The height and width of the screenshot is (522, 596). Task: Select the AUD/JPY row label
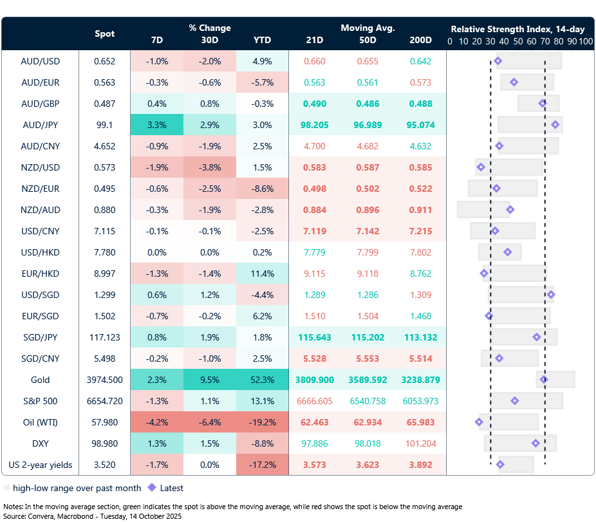tap(41, 125)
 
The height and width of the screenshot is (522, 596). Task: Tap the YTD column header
tap(262, 40)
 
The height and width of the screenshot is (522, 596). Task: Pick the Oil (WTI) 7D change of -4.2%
tap(157, 422)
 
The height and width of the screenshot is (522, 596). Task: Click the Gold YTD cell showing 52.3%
tap(262, 380)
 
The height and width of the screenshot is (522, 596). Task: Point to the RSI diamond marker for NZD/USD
tap(481, 167)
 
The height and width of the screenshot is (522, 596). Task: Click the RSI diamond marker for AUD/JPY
tap(555, 125)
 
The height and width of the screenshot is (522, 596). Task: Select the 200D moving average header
tap(420, 40)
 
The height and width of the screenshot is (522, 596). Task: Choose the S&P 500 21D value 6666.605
tap(315, 401)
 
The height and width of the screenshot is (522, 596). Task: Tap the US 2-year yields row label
tap(41, 465)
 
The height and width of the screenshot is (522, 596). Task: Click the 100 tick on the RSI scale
tap(585, 41)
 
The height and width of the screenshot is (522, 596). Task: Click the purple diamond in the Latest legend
tap(152, 488)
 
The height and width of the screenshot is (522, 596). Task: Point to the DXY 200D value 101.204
tap(420, 443)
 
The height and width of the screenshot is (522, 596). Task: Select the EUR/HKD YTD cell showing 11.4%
tap(262, 274)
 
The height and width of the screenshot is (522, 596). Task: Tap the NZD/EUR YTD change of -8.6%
tap(262, 189)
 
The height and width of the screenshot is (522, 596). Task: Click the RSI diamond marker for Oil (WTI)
tap(479, 422)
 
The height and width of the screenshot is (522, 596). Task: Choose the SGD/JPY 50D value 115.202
tap(368, 337)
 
